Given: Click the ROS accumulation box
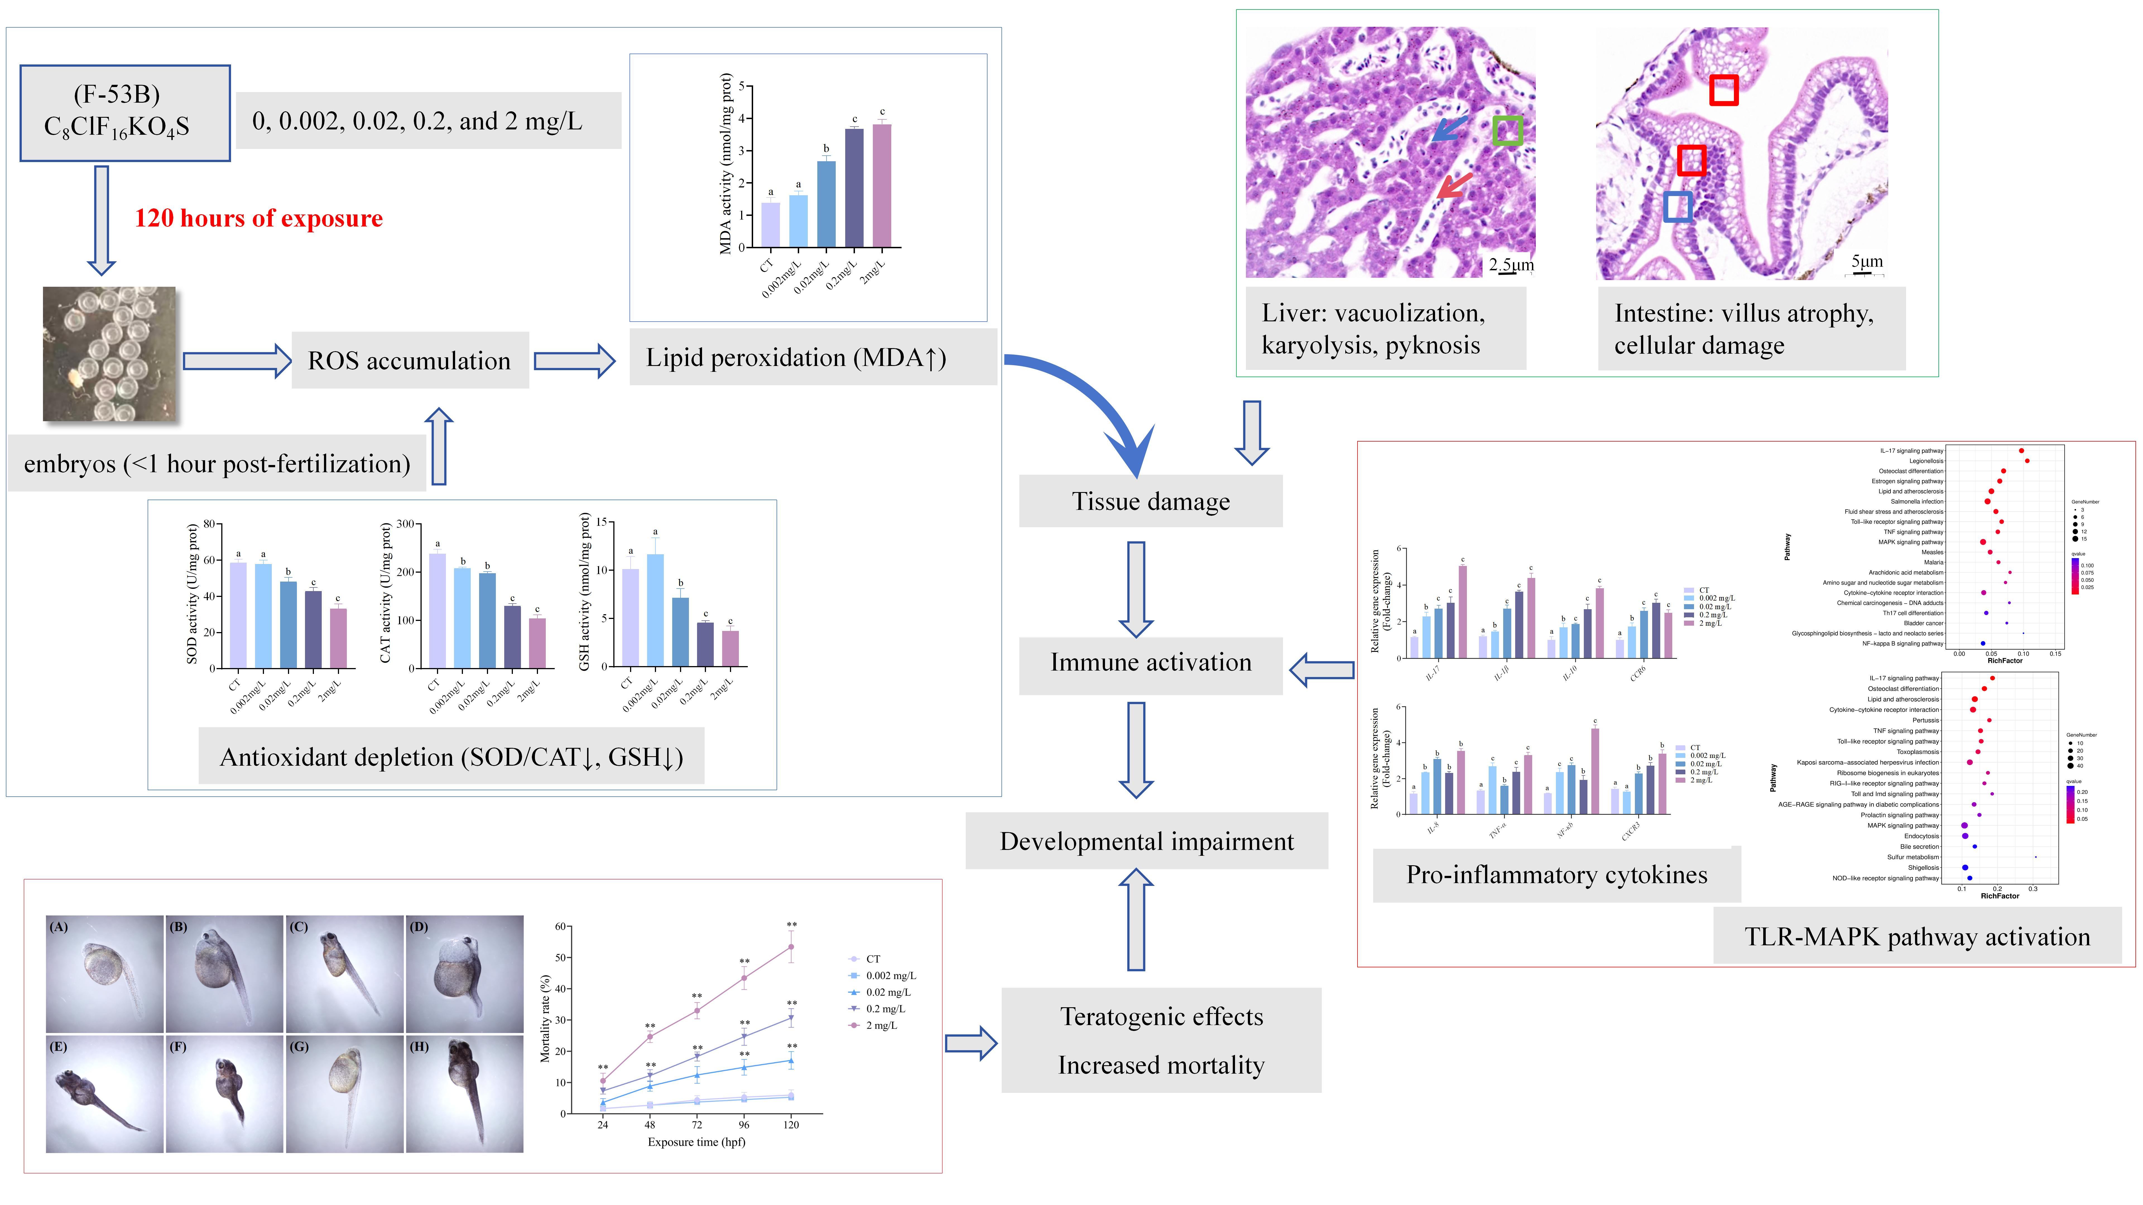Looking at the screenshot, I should (x=409, y=360).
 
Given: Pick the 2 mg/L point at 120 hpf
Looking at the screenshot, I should (x=791, y=946).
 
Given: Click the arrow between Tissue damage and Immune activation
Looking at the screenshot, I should (x=1136, y=589).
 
